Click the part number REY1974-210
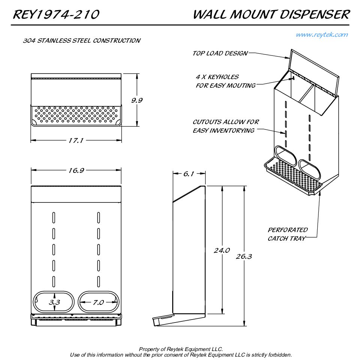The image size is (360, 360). [56, 15]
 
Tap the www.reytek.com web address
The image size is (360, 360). [322, 35]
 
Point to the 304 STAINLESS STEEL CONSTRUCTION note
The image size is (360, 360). [82, 40]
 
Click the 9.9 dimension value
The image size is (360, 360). [136, 100]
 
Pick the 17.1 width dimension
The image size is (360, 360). [75, 141]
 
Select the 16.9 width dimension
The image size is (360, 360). [75, 171]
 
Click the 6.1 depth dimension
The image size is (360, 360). [189, 174]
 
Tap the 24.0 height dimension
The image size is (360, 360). [222, 250]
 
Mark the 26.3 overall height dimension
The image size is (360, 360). [244, 256]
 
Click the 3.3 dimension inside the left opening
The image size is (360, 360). [54, 302]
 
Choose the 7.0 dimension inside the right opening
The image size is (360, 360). [98, 302]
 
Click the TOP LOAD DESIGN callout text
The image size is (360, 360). [220, 53]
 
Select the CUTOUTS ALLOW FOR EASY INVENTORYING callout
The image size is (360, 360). [225, 126]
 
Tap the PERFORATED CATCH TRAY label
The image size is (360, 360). [288, 234]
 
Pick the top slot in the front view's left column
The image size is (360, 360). [54, 216]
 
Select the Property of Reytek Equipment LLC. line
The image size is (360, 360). [181, 349]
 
